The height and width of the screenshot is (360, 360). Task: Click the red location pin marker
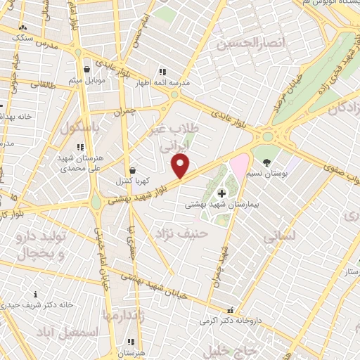point(181,165)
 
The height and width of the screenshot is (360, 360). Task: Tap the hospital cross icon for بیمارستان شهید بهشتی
point(222,193)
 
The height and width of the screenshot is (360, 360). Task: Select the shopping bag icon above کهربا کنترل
point(132,170)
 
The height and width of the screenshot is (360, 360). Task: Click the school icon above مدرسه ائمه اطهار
point(162,72)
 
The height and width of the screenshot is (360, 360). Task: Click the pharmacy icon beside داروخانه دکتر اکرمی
point(229,310)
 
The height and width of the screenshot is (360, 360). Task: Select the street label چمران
point(127,110)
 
